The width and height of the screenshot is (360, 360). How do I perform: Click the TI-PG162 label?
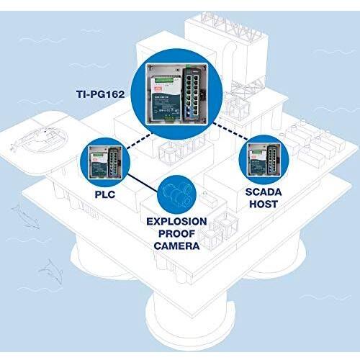(x=101, y=94)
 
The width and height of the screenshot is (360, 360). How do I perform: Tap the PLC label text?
(x=105, y=194)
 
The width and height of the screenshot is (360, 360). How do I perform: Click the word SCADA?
(x=264, y=192)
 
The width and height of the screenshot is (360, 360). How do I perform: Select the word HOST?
(x=264, y=204)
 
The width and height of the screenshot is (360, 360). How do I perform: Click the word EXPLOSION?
(x=176, y=222)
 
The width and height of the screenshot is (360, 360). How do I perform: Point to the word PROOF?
(x=176, y=233)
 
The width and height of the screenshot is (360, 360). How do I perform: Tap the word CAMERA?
(x=176, y=246)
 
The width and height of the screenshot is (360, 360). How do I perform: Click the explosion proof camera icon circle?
(x=177, y=194)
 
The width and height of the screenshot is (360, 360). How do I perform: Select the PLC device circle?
(x=105, y=162)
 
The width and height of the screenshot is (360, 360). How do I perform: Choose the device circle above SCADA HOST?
(x=264, y=160)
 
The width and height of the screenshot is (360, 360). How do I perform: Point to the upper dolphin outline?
(x=26, y=217)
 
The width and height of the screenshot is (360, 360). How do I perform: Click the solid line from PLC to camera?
(x=143, y=183)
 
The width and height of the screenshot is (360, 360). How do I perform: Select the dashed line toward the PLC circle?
(x=140, y=141)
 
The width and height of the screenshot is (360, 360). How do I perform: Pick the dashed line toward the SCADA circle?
(x=230, y=131)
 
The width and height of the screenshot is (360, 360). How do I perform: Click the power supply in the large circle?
(x=166, y=98)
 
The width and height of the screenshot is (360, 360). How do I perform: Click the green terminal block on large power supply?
(x=164, y=81)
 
